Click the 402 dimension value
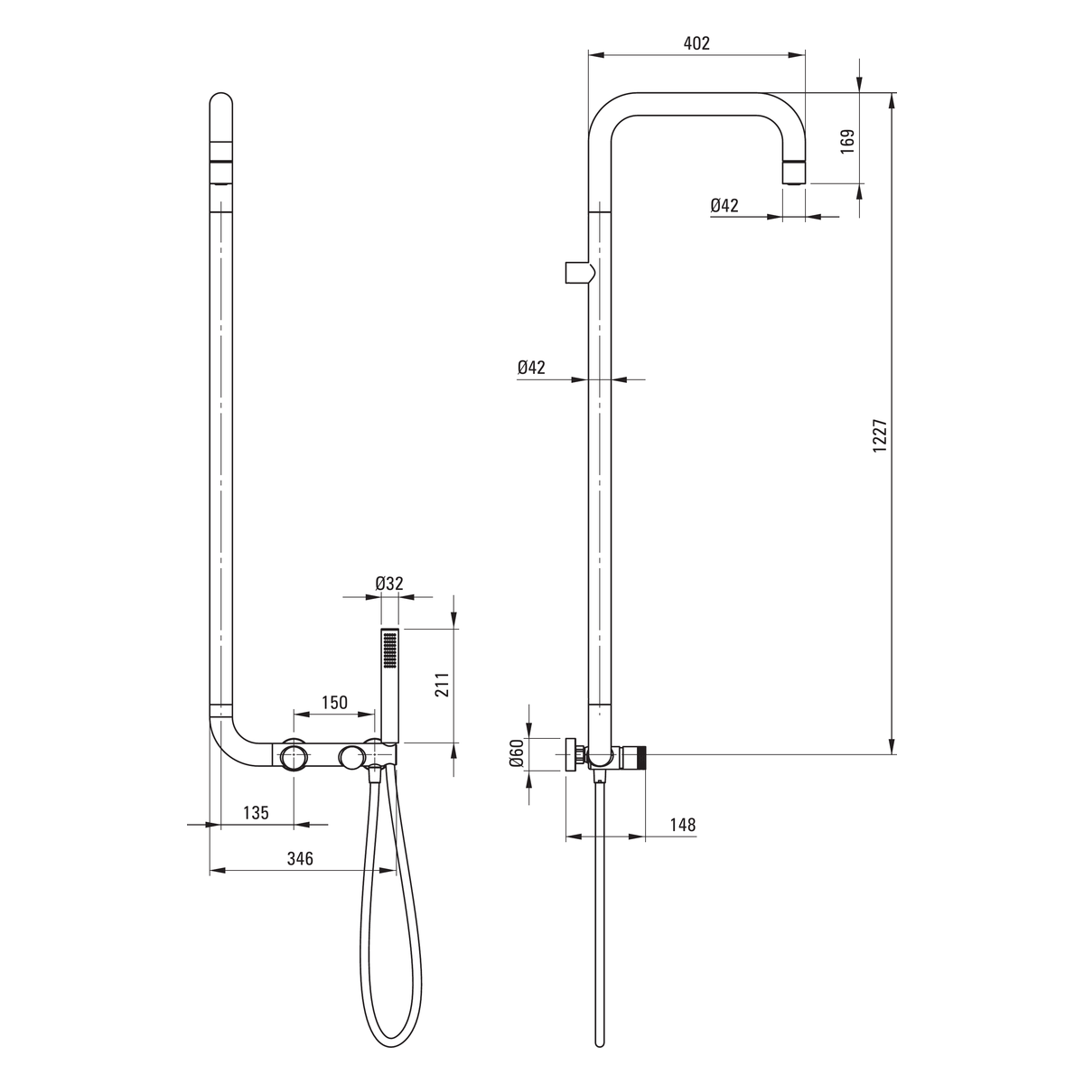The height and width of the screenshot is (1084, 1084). tap(696, 43)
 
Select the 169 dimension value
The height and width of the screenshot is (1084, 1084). tap(847, 141)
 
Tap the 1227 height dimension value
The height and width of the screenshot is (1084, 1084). tap(880, 436)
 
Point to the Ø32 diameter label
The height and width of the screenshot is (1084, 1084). tap(389, 584)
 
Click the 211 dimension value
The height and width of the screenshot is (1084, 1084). tap(442, 685)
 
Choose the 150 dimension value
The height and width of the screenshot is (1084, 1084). tap(335, 703)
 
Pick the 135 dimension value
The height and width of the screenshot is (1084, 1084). tap(256, 813)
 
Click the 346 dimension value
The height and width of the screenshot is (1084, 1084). tap(300, 859)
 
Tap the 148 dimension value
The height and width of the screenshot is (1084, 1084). tap(683, 825)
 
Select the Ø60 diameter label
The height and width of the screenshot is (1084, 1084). tap(517, 753)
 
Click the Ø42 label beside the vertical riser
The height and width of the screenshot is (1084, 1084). tap(531, 368)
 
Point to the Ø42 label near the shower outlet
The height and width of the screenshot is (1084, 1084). tap(724, 205)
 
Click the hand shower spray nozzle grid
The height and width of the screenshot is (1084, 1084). tap(389, 650)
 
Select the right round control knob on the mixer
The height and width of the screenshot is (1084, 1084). tap(351, 756)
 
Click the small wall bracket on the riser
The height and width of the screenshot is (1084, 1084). tap(579, 273)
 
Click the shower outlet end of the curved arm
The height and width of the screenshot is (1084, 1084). tap(794, 173)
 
